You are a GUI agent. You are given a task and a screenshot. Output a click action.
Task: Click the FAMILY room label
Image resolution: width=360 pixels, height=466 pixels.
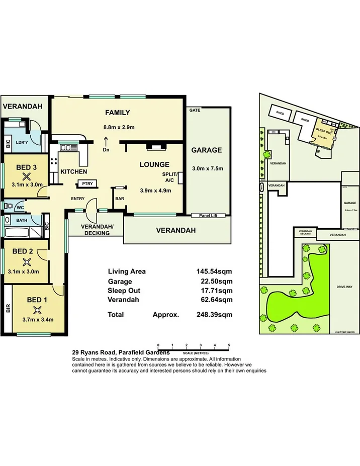tap(117, 113)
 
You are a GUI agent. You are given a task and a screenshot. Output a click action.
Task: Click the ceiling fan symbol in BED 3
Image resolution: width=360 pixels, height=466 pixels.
tap(26, 176)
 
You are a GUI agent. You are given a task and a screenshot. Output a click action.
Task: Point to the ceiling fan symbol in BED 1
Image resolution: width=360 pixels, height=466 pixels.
tap(35, 310)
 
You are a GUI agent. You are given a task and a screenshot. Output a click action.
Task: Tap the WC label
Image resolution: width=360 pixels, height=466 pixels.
tap(20, 207)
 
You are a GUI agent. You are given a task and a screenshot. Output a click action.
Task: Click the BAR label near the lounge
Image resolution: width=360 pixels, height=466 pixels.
tap(120, 199)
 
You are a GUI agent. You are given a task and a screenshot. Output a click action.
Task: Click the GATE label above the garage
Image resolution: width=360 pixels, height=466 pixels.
tap(194, 110)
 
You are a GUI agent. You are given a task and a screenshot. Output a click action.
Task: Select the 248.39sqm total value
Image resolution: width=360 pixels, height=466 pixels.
tap(214, 315)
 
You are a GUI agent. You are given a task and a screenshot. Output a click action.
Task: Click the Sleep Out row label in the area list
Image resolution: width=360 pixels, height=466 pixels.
tap(124, 291)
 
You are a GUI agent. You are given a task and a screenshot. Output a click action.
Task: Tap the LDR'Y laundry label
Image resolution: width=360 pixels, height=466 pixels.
tap(22, 142)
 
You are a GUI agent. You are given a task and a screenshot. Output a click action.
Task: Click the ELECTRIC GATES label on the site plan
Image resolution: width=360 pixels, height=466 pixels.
tap(345, 332)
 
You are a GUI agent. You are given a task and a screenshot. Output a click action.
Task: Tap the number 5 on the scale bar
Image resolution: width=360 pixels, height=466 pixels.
tap(229, 345)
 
